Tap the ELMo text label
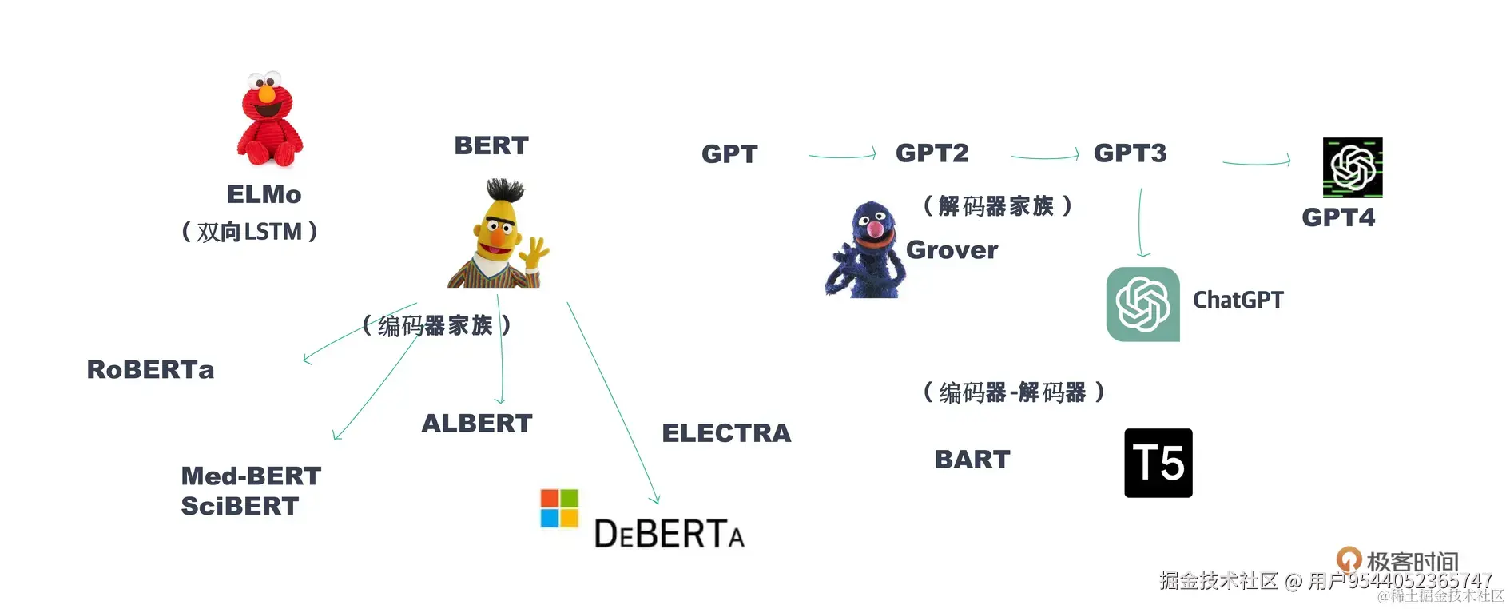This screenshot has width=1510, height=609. point(264,194)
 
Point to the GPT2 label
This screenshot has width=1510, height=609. point(932,153)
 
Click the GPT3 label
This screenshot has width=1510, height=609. point(1130,153)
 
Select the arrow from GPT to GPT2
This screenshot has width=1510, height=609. point(842,155)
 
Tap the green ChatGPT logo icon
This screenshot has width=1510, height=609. point(1142,304)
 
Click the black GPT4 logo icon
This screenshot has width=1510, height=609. point(1352,168)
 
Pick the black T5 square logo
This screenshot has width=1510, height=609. point(1158,463)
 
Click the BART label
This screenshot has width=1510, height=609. point(972,460)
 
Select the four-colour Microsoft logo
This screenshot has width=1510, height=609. point(559,508)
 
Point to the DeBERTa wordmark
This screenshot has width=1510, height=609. point(669,534)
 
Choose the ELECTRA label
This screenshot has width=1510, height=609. point(726,433)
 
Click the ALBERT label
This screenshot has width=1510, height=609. point(477,424)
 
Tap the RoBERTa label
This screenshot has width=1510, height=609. point(150,370)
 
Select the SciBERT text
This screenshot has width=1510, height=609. point(240,507)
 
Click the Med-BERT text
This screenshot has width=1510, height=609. point(251,476)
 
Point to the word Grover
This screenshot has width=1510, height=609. point(952,250)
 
